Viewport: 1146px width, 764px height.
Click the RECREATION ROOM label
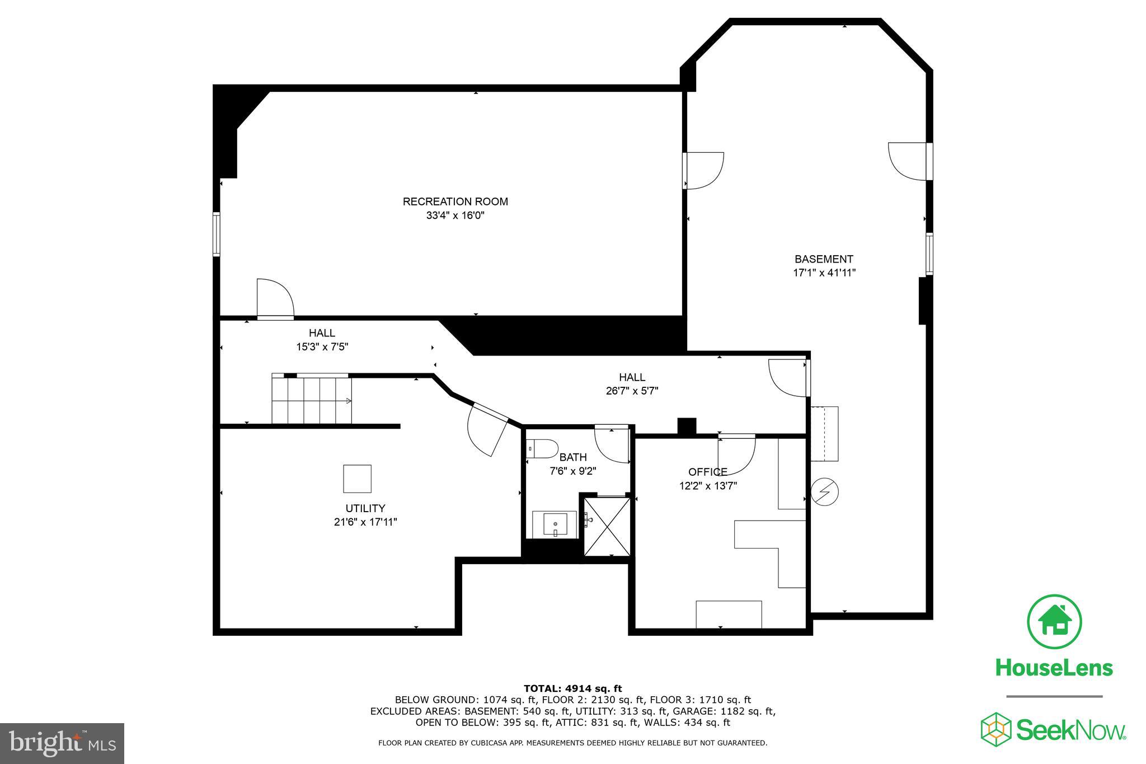coord(455,201)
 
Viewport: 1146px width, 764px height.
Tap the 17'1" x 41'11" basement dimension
coord(824,273)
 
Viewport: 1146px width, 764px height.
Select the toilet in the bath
coord(542,449)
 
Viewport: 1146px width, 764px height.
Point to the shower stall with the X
coord(607,526)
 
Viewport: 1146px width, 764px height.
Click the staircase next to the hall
coord(312,400)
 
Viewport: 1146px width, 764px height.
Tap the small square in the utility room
coord(357,479)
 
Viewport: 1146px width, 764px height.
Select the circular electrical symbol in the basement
coord(824,491)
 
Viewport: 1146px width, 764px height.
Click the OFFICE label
coord(707,472)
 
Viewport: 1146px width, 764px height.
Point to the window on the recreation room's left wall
coord(216,233)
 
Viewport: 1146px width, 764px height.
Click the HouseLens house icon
coord(1054,622)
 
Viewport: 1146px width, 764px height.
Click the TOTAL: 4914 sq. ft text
coord(572,688)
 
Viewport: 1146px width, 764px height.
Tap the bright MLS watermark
coord(62,743)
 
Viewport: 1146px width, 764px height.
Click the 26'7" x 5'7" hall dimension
coord(632,391)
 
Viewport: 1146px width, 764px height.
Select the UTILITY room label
coord(365,508)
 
